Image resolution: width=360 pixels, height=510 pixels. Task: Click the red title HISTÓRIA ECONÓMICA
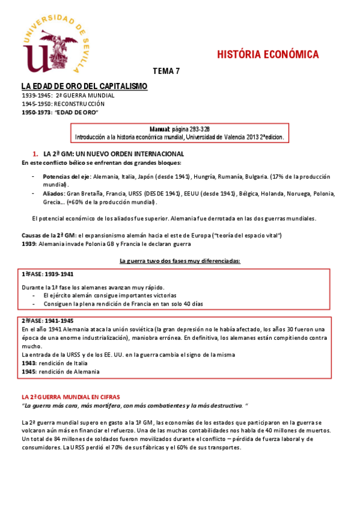267,55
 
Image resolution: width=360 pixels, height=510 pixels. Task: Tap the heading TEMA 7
166,71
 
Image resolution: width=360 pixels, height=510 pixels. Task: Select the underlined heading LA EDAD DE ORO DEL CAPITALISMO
84,87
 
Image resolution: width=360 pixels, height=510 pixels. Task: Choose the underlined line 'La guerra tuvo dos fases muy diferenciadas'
180,260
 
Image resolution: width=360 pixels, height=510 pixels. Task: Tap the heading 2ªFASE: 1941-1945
48,321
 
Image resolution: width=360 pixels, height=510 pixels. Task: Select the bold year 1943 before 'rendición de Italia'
28,363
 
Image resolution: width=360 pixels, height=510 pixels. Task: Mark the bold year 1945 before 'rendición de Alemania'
28,372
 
